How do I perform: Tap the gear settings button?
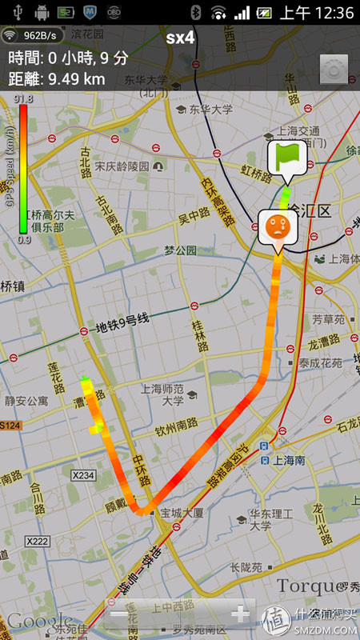pyautogui.click(x=333, y=70)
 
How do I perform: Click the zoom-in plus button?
pyautogui.click(x=239, y=614)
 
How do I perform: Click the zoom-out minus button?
pyautogui.click(x=118, y=614)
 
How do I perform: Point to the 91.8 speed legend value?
pyautogui.click(x=23, y=99)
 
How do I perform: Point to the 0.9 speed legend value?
pyautogui.click(x=23, y=239)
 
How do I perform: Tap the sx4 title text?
pyautogui.click(x=180, y=38)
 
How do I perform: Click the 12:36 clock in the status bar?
pyautogui.click(x=329, y=13)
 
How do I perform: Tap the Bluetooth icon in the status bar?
pyautogui.click(x=195, y=13)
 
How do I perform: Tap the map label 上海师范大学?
pyautogui.click(x=162, y=394)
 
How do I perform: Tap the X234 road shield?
pyautogui.click(x=82, y=476)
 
